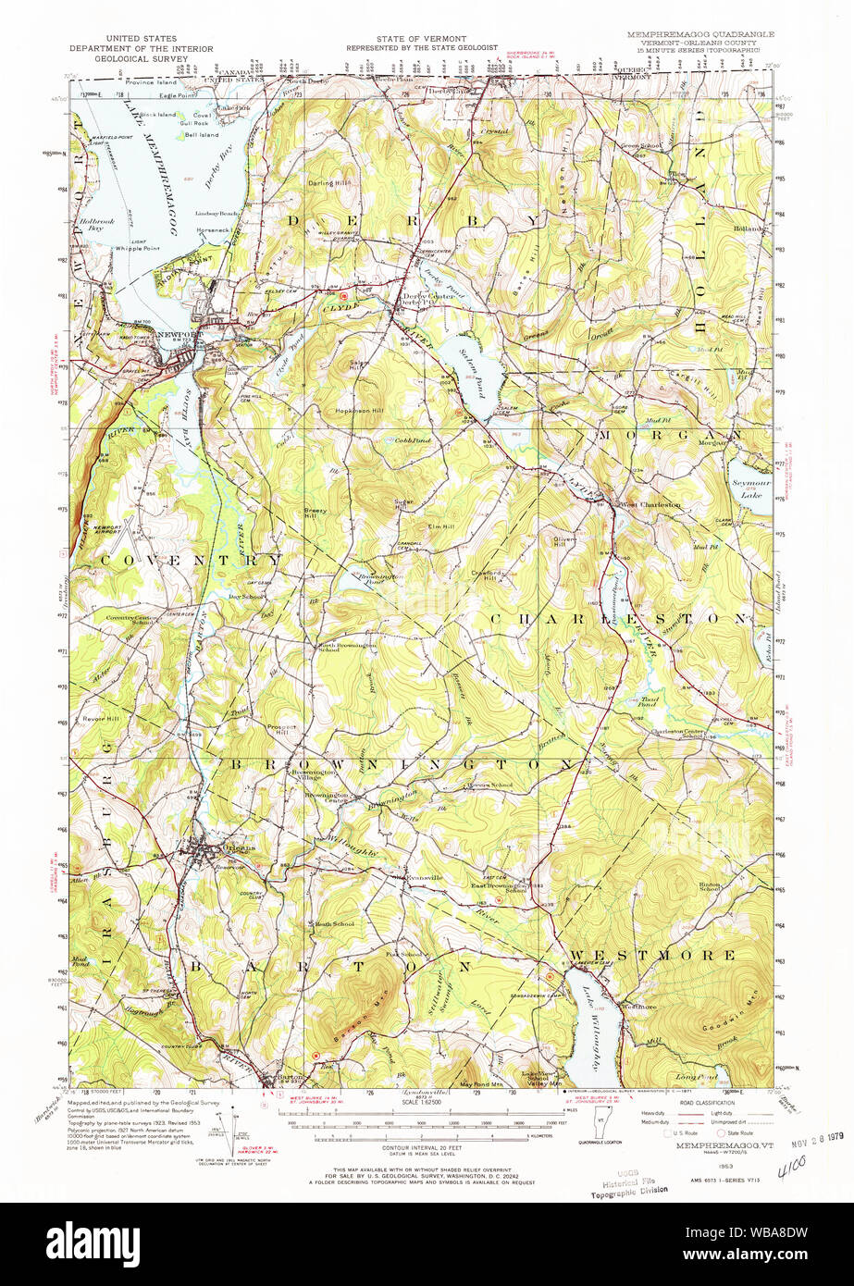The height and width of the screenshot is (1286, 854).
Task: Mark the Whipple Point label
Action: pyautogui.click(x=138, y=249)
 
